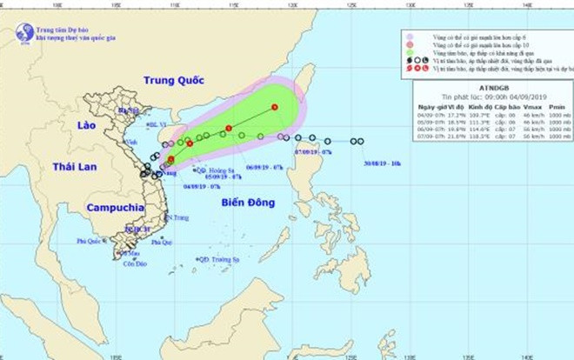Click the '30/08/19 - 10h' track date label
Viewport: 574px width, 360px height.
(382, 162)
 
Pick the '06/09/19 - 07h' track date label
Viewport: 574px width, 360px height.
(264, 166)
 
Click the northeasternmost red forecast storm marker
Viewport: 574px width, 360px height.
(274, 107)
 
